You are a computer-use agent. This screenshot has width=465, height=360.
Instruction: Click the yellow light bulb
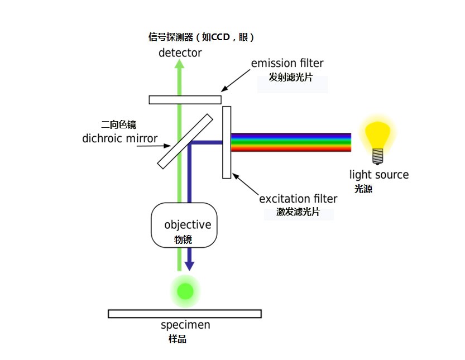[x=377, y=135]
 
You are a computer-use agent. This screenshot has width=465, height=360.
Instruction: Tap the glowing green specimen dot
[x=185, y=291]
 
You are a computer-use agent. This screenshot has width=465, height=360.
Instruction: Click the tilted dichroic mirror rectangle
[x=185, y=141]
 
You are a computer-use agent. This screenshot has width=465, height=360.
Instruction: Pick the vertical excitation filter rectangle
[x=227, y=142]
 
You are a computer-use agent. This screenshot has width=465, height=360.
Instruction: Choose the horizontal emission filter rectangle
[x=185, y=99]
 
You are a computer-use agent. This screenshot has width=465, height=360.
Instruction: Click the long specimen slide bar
[x=185, y=314]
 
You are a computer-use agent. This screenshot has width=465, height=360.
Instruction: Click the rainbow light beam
[x=290, y=142]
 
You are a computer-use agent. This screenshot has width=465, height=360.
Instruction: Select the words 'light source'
[x=379, y=175]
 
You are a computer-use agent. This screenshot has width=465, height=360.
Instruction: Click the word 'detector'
[x=180, y=53]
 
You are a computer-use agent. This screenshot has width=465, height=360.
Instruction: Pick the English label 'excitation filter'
[x=298, y=199]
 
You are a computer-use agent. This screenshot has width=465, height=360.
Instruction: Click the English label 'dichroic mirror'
[x=119, y=138]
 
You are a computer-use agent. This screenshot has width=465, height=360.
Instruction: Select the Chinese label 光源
[x=363, y=189]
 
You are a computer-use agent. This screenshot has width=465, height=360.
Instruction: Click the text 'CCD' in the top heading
[x=220, y=37]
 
